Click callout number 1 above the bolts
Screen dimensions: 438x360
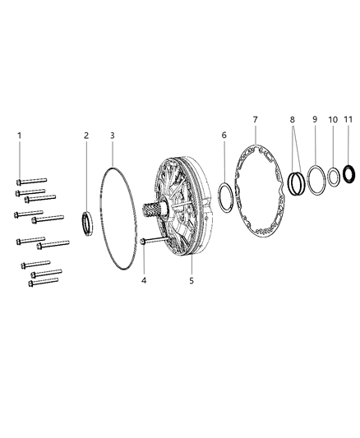[x=21, y=135]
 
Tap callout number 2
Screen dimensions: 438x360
[x=85, y=135]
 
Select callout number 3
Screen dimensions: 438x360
[x=113, y=135]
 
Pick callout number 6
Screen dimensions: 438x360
[x=224, y=135]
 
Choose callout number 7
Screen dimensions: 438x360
[x=255, y=121]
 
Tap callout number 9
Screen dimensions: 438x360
[x=315, y=121]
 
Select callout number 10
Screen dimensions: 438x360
[x=333, y=121]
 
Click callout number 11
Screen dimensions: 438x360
[x=349, y=121]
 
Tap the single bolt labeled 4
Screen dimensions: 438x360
[x=153, y=241]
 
